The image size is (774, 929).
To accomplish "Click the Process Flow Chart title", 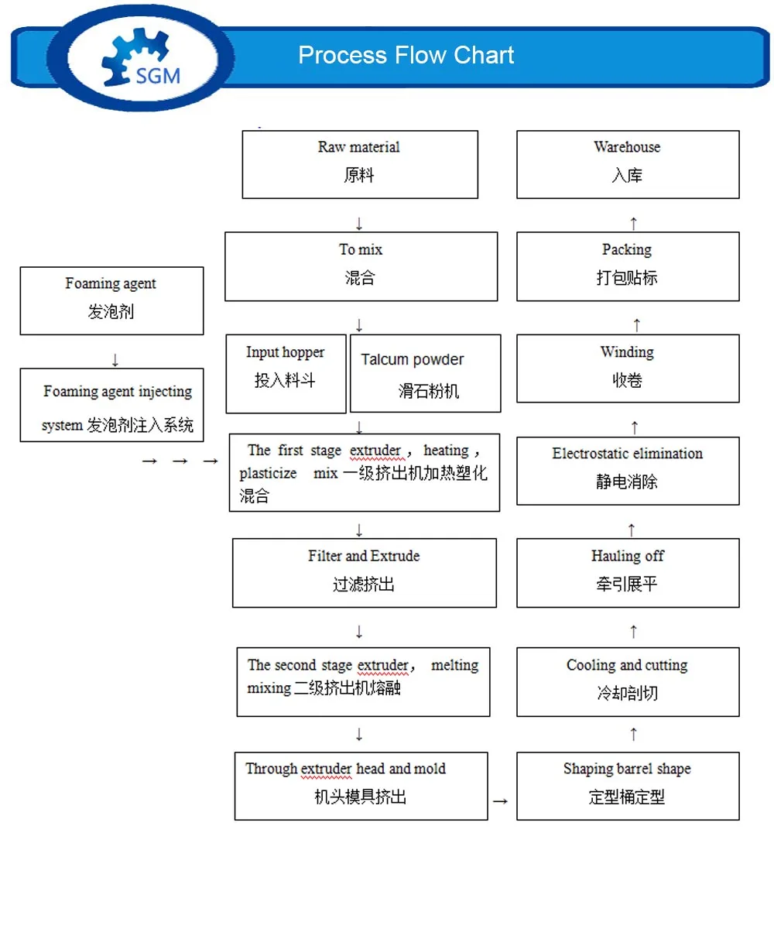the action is point(406,55).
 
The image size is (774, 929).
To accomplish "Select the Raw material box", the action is point(359,163).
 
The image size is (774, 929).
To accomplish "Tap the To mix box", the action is point(361,266).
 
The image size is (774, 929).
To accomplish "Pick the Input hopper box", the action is point(285,373).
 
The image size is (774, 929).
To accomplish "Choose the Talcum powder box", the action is point(425,373).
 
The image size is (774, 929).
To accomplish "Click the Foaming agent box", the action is point(111,300).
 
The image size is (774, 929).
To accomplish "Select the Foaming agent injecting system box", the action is point(111,405).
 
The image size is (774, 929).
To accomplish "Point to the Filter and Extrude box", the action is point(364,572).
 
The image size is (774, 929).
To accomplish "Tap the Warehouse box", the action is point(627,163).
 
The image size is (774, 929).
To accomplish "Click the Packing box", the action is point(627,266).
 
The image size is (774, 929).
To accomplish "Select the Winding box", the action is point(627,368).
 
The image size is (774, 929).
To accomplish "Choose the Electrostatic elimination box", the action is point(627,470).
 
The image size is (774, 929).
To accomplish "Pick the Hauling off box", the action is point(627,572).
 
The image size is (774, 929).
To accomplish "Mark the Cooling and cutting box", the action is point(627,681).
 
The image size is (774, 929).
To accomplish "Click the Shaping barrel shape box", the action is point(627,785).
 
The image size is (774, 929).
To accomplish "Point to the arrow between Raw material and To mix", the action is point(359,224).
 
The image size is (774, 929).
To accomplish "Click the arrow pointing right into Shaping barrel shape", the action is point(501,801).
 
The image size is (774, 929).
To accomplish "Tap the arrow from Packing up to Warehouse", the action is point(634,224).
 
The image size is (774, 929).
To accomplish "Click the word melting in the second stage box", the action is point(454,665).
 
